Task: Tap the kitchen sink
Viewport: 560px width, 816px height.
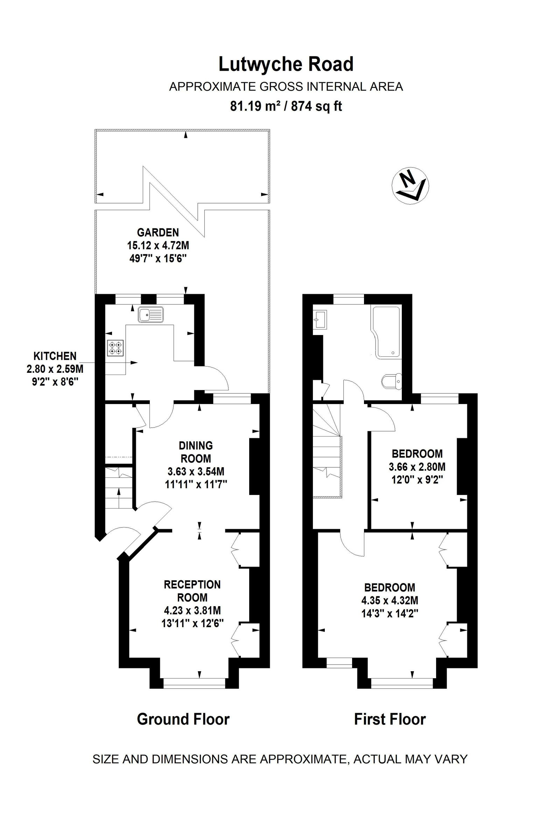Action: point(151,314)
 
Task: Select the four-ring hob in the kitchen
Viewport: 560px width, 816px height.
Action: point(115,347)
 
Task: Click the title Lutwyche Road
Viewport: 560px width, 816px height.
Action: point(286,65)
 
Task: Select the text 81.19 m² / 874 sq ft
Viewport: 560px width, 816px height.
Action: point(286,106)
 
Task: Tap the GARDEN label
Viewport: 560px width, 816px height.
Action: point(158,233)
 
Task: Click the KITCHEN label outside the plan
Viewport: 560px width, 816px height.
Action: point(55,356)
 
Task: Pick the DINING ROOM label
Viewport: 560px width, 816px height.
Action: point(196,452)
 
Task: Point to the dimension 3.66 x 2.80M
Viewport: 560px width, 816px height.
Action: point(417,467)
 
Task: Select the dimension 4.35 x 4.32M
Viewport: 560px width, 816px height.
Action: point(390,600)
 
